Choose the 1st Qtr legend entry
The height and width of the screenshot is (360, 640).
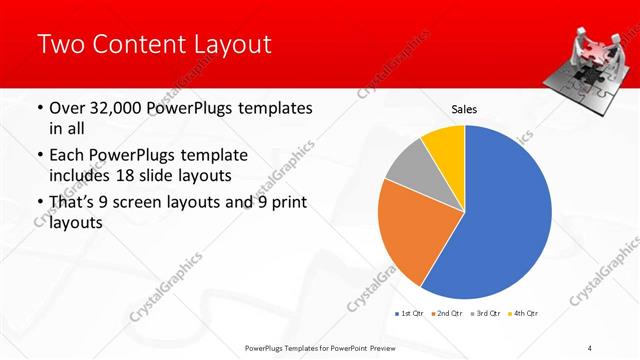tap(410, 314)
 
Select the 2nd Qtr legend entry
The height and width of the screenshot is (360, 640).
tap(446, 314)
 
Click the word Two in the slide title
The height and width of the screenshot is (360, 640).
tap(61, 44)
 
